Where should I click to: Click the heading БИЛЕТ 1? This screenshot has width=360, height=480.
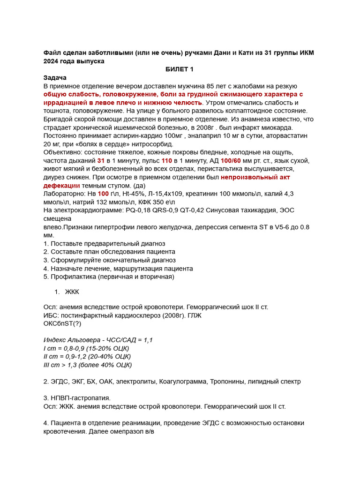point(180,69)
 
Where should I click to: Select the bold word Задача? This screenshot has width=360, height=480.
point(55,77)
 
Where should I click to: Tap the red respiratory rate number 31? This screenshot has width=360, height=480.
point(101,160)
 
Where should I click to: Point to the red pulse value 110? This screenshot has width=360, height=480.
point(167,160)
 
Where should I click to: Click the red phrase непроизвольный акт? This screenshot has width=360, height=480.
point(255,177)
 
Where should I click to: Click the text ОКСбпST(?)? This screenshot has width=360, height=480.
point(62,323)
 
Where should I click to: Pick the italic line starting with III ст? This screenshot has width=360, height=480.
point(88,365)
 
